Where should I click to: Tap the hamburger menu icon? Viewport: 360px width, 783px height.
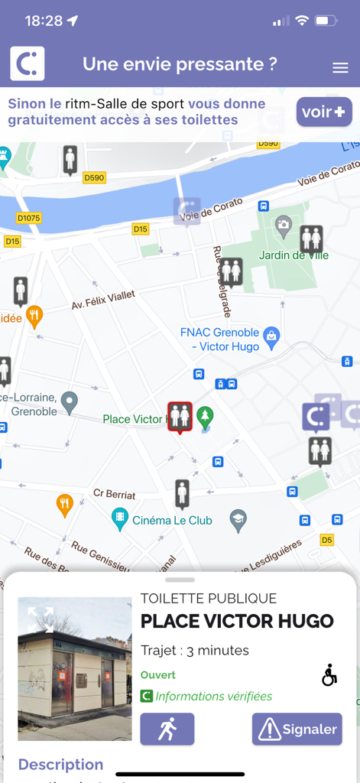pyautogui.click(x=340, y=68)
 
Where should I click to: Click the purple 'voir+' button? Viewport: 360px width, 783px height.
pyautogui.click(x=324, y=112)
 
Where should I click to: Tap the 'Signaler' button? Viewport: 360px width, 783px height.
pyautogui.click(x=297, y=729)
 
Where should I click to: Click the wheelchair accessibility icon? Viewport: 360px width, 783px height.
pyautogui.click(x=329, y=675)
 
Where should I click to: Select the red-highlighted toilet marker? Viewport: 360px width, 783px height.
pyautogui.click(x=180, y=417)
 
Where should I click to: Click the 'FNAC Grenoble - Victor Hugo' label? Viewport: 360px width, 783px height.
pyautogui.click(x=219, y=340)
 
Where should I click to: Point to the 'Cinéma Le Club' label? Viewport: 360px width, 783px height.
pyautogui.click(x=172, y=521)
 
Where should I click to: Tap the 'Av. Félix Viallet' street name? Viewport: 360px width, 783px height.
pyautogui.click(x=103, y=299)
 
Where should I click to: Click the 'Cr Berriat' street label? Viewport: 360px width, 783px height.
pyautogui.click(x=114, y=494)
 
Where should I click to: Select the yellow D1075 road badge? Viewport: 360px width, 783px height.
pyautogui.click(x=28, y=219)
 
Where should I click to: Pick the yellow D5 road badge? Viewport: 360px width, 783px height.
pyautogui.click(x=327, y=540)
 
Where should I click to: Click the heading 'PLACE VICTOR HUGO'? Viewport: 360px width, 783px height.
pyautogui.click(x=237, y=621)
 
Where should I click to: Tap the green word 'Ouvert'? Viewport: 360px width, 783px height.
pyautogui.click(x=158, y=675)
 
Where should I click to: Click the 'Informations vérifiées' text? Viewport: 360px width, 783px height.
pyautogui.click(x=213, y=696)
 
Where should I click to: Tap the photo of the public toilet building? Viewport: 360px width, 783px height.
pyautogui.click(x=75, y=669)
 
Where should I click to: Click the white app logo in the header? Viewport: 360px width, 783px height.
pyautogui.click(x=28, y=64)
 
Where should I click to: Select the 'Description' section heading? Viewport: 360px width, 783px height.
pyautogui.click(x=60, y=764)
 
